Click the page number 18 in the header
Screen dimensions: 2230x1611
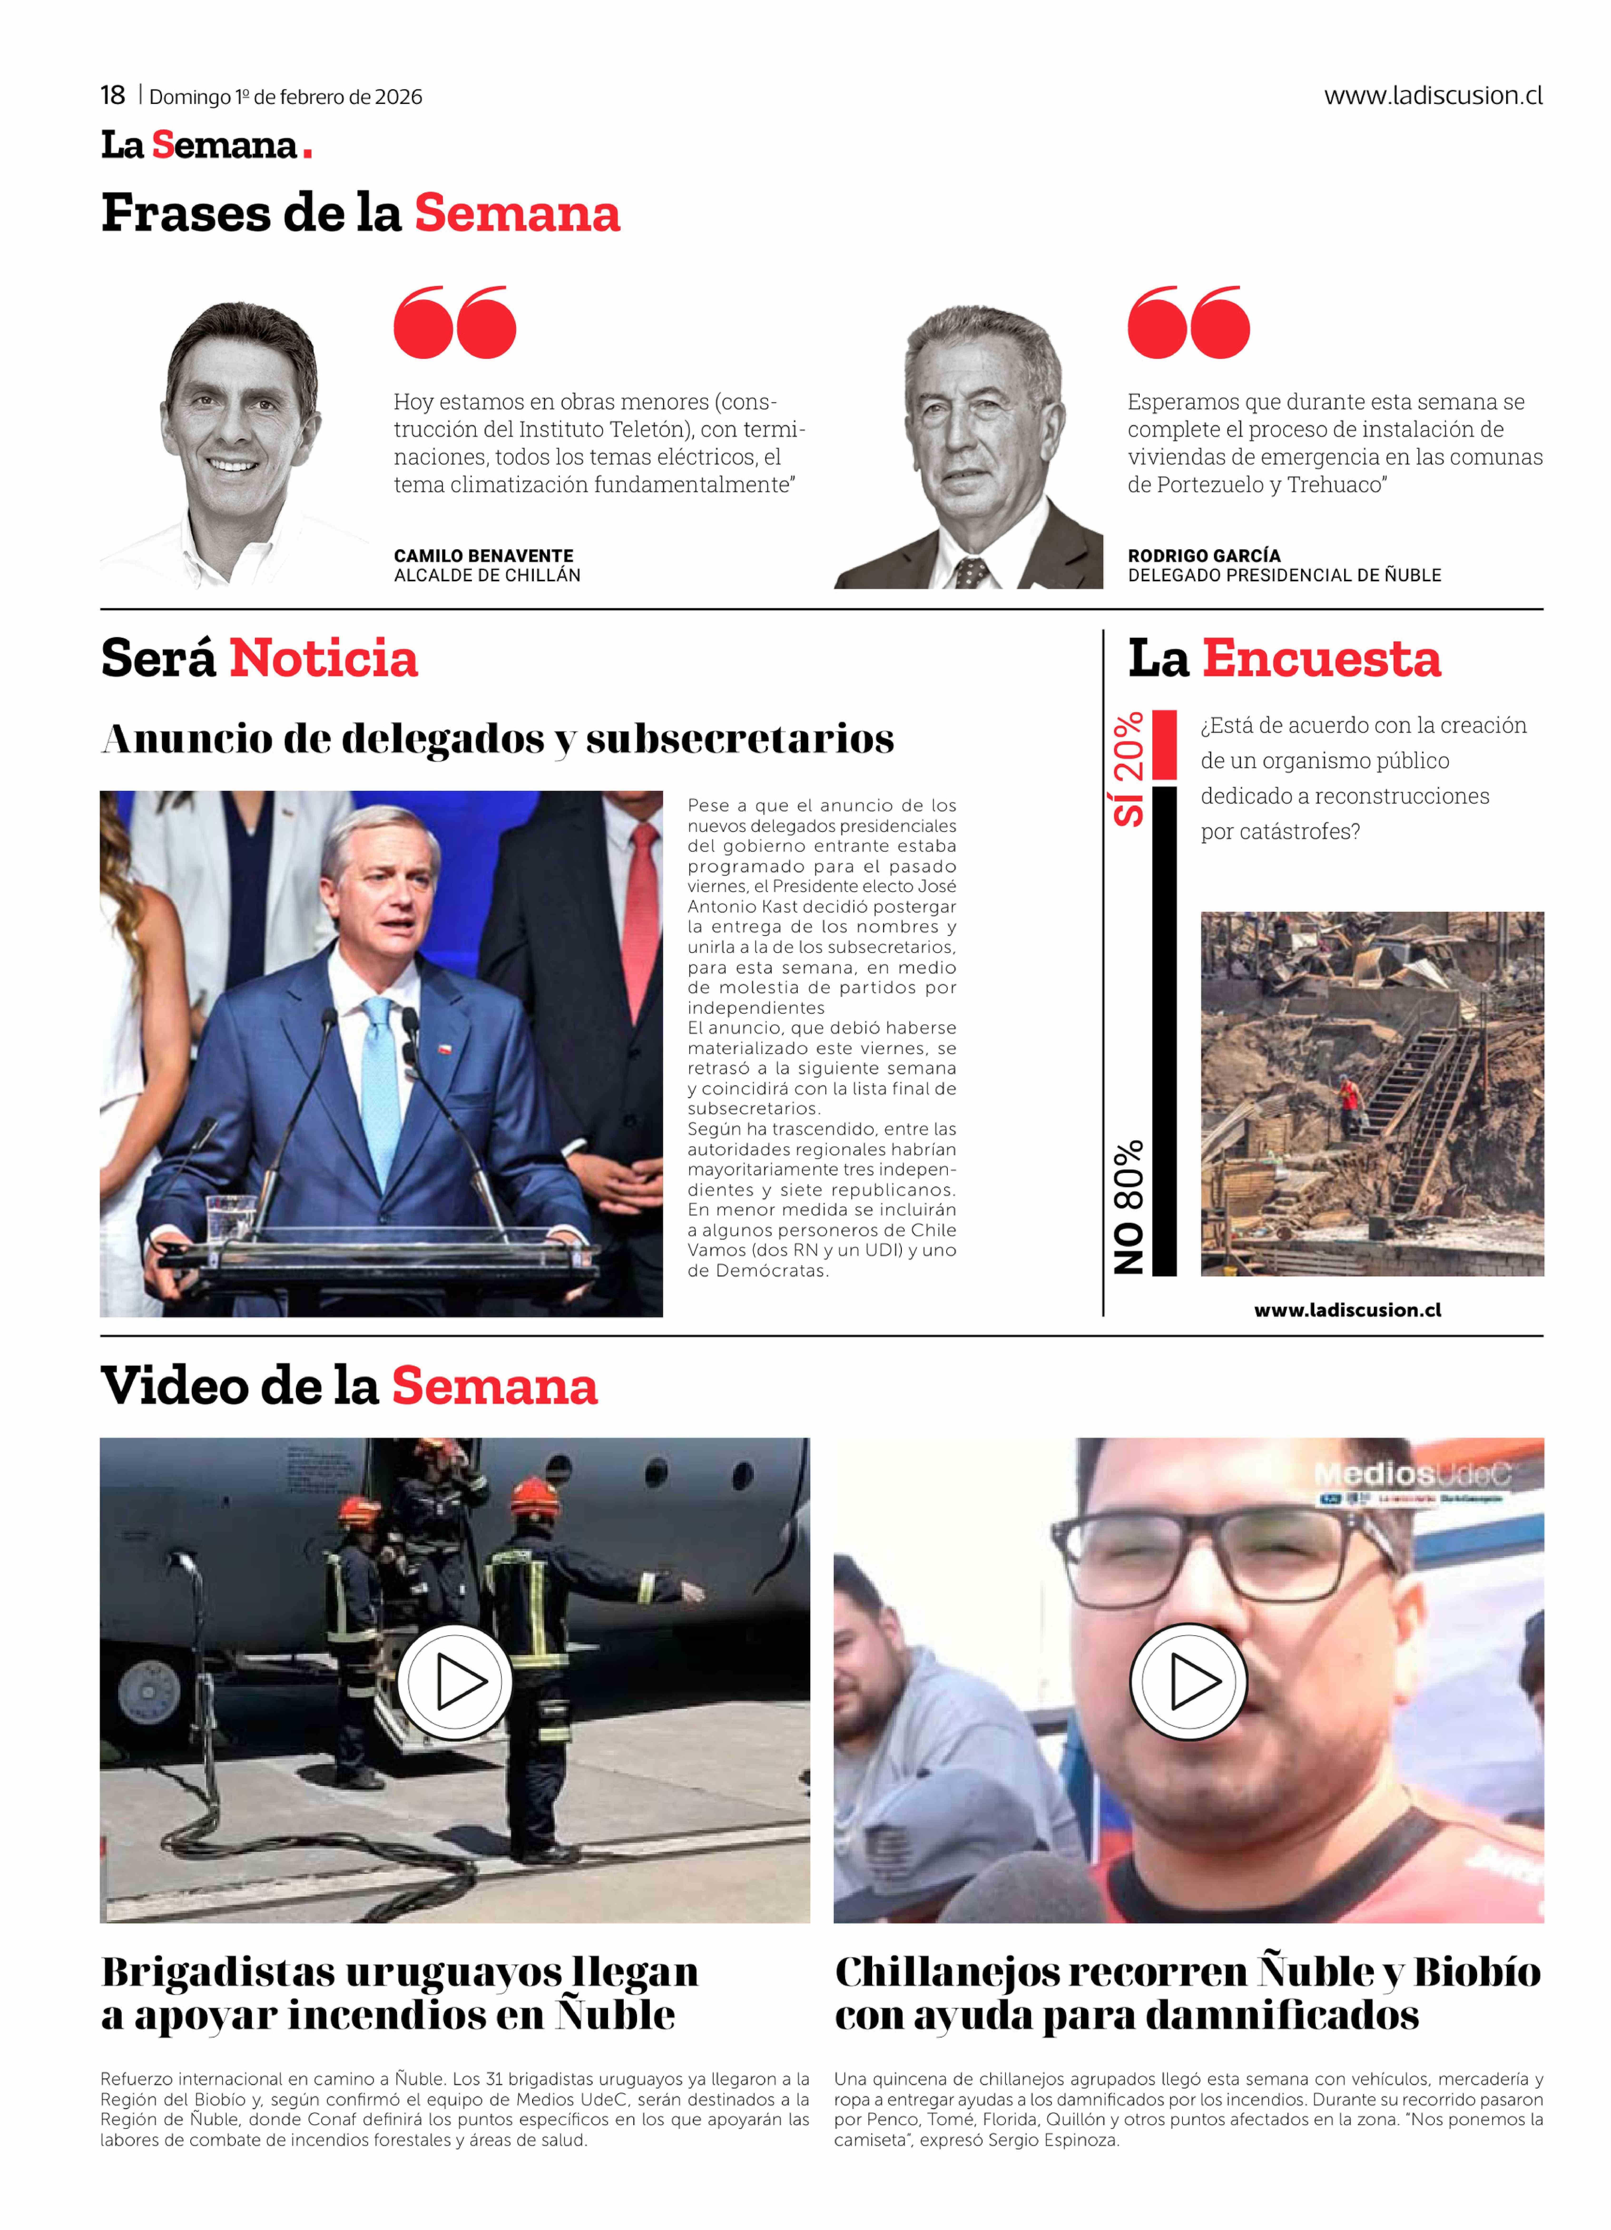pyautogui.click(x=112, y=95)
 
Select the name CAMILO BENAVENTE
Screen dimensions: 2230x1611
pyautogui.click(x=483, y=555)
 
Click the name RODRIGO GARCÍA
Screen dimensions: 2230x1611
pyautogui.click(x=1204, y=555)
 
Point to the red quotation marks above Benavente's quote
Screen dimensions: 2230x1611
pyautogui.click(x=454, y=323)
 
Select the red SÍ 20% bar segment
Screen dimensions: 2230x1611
pyautogui.click(x=1164, y=744)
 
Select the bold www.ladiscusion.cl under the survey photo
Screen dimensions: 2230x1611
pyautogui.click(x=1347, y=1310)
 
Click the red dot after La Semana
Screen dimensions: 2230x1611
pyautogui.click(x=308, y=152)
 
